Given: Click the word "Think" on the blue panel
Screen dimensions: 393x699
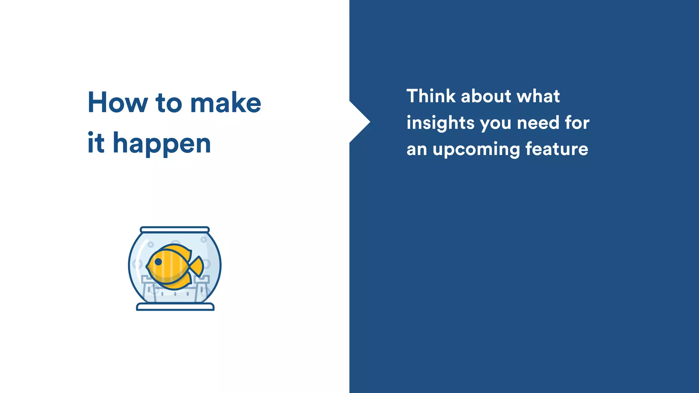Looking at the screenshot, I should click(x=431, y=96).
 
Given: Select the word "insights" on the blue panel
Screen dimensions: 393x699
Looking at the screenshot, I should click(x=440, y=123).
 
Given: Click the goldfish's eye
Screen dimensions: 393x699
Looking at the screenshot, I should click(x=158, y=262).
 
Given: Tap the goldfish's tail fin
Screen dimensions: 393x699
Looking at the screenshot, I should click(x=197, y=266).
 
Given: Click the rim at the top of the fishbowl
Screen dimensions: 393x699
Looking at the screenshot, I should click(x=175, y=230).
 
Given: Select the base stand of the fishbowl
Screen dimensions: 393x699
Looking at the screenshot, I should click(x=175, y=307).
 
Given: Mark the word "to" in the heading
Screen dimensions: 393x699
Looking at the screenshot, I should click(x=169, y=103).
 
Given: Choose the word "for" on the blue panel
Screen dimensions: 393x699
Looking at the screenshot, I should click(x=577, y=122).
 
